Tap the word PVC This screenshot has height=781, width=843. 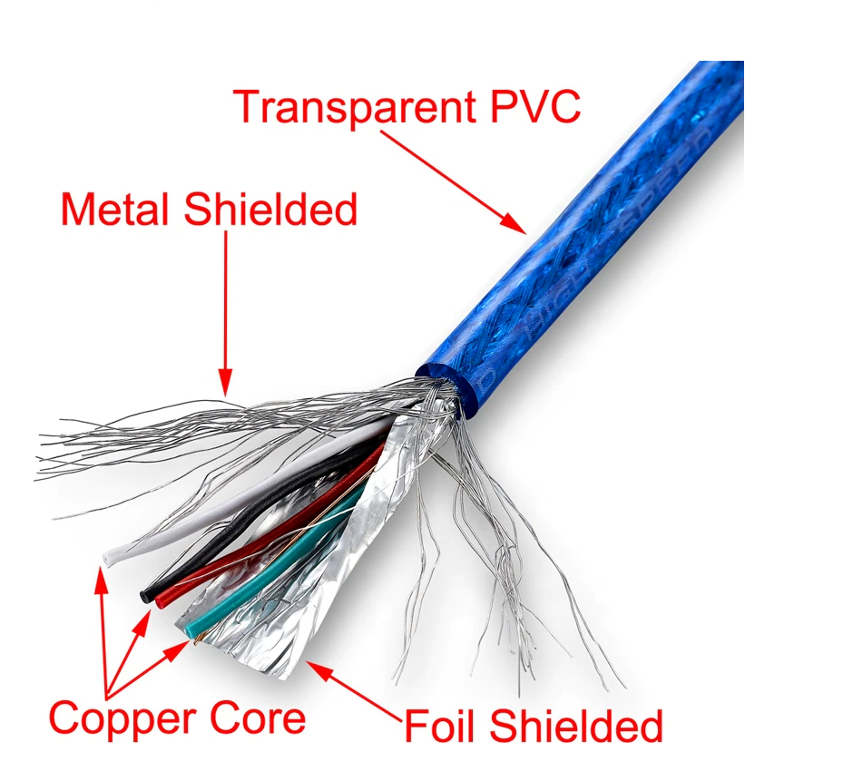[530, 106]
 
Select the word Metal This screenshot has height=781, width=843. [114, 210]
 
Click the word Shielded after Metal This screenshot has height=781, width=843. [270, 210]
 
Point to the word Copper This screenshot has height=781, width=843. [123, 719]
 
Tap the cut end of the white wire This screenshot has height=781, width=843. [109, 556]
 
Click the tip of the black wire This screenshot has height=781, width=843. [145, 594]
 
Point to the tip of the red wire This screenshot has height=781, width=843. [162, 600]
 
